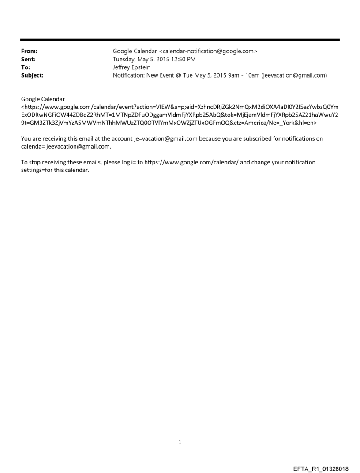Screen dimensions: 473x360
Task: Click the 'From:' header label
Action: coord(29,52)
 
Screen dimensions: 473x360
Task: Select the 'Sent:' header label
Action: coord(28,60)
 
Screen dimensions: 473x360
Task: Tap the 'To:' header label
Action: coord(26,67)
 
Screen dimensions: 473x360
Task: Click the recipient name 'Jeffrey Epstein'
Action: coord(132,67)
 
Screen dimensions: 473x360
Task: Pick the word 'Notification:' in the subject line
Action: coord(131,75)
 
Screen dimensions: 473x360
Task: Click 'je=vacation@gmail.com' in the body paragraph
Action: coord(161,138)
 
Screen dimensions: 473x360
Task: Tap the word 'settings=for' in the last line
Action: coord(38,170)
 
